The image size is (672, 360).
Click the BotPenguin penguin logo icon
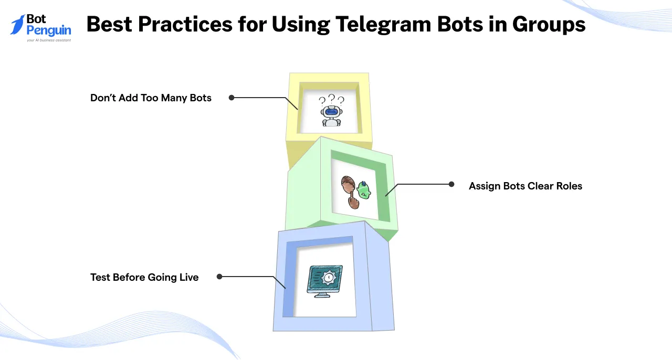point(17,24)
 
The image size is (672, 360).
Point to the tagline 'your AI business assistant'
point(49,40)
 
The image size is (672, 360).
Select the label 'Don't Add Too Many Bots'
point(151,98)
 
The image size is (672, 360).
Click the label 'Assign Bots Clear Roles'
point(525,186)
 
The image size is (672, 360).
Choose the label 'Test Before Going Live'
point(144,277)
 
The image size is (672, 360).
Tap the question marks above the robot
point(331,99)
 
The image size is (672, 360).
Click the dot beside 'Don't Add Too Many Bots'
point(231,98)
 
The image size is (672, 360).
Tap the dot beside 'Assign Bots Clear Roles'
point(451,184)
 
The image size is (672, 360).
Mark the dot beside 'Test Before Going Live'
point(219,276)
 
